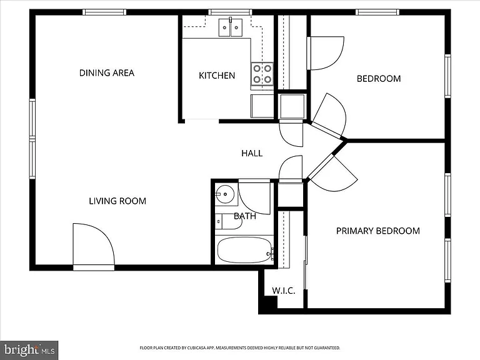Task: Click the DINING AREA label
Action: pos(107,73)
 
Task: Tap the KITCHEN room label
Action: pos(217,76)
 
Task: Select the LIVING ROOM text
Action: pos(117,201)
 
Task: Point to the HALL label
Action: pos(252,153)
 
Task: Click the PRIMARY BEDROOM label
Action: pos(378,231)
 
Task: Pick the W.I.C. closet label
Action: pos(284,291)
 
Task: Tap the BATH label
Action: pos(245,216)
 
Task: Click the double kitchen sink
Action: pos(231,27)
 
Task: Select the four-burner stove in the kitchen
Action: pos(262,74)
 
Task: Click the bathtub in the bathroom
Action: pos(244,250)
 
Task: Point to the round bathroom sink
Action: pos(225,194)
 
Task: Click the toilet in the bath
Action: pos(228,221)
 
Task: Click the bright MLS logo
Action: pos(29,350)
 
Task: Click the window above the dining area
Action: pos(104,12)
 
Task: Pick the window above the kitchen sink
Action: pos(230,12)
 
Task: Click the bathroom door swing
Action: pos(254,197)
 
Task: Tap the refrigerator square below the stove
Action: pos(262,106)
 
